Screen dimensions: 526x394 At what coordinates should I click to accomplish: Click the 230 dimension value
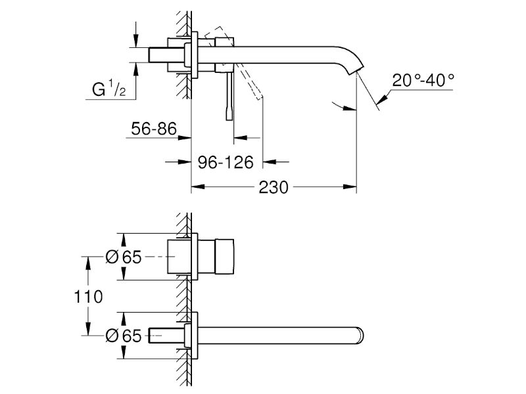coord(274,187)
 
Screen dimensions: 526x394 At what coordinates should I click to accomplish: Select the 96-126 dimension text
coord(226,162)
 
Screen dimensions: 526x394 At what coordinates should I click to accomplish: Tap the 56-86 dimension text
coord(154,129)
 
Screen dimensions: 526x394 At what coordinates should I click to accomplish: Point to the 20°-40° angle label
coord(423,80)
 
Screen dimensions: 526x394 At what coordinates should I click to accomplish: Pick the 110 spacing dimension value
coord(88,297)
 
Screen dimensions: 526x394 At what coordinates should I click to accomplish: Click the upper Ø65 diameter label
coord(124,257)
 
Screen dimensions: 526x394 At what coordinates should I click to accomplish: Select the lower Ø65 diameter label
coord(124,336)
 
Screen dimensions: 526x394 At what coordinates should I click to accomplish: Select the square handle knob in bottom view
coord(224,257)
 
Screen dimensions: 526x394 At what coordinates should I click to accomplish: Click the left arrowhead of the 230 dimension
coord(198,186)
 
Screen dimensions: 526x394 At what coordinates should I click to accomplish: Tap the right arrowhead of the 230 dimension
coord(350,186)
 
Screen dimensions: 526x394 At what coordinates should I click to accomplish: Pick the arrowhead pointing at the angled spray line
coord(382,98)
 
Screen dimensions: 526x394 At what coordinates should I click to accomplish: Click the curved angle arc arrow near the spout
coord(343,106)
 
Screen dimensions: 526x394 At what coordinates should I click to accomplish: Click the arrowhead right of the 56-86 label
coord(185,137)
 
